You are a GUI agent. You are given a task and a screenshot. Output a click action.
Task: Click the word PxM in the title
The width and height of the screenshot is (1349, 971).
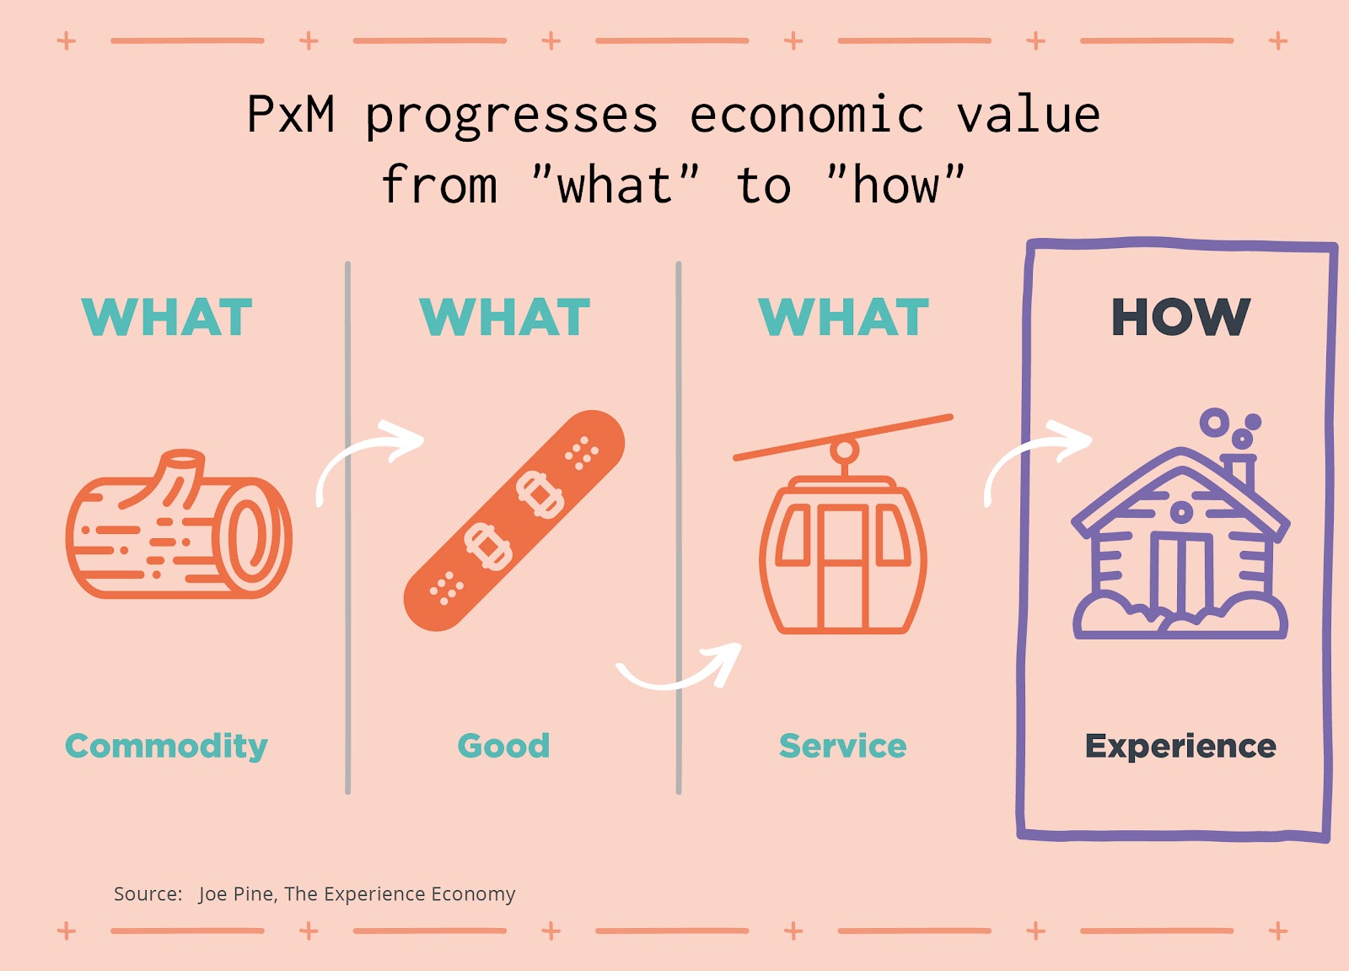[290, 113]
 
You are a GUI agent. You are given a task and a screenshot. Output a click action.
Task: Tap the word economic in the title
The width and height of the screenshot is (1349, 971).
[806, 113]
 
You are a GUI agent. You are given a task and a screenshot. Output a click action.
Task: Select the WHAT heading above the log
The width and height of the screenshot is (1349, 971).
[167, 317]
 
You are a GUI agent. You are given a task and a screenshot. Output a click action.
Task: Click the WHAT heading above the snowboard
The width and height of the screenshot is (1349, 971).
[505, 317]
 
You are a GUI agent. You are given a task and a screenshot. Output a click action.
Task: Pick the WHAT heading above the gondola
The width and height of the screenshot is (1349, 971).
[843, 317]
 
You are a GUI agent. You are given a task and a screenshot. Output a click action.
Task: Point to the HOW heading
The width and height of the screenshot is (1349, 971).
[1181, 317]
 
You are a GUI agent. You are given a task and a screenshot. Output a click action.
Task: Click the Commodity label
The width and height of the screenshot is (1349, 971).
[166, 747]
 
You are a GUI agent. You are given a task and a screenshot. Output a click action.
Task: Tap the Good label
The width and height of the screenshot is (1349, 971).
[504, 747]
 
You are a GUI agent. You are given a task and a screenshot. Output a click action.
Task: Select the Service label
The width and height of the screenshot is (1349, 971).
[842, 747]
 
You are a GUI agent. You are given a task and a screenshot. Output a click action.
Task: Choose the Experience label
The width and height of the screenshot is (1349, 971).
[1181, 747]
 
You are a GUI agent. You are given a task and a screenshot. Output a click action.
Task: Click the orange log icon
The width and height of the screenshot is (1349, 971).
[179, 525]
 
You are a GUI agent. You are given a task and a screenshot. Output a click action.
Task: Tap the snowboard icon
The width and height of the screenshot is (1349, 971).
[514, 521]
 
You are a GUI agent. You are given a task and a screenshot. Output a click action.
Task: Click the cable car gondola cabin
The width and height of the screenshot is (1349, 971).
[843, 554]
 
